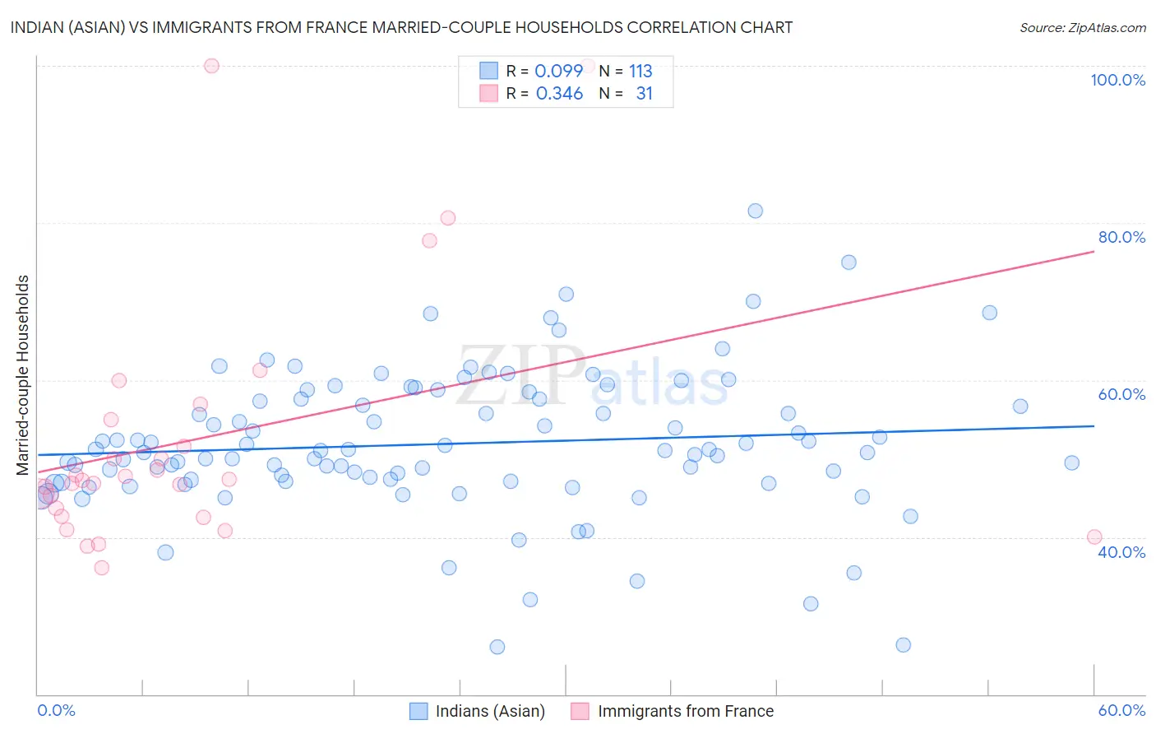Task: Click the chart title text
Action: tap(401, 27)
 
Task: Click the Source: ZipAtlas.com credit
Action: tap(1082, 27)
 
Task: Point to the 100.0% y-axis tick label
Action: tap(1117, 80)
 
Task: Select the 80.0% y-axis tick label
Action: tap(1121, 237)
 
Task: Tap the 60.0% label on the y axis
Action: tap(1121, 394)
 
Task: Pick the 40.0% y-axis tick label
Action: tap(1121, 552)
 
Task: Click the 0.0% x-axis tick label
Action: tap(56, 710)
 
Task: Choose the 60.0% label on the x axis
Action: tap(1121, 710)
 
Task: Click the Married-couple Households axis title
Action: tap(23, 375)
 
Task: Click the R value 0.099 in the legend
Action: tap(559, 71)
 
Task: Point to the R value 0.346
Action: tap(559, 94)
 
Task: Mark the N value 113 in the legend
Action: tap(640, 71)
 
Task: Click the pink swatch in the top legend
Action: tap(488, 94)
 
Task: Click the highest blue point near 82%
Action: tap(755, 211)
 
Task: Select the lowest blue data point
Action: tap(497, 647)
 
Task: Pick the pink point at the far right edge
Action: tap(1094, 537)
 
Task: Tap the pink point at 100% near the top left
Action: tap(211, 66)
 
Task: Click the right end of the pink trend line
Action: tap(1094, 251)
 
